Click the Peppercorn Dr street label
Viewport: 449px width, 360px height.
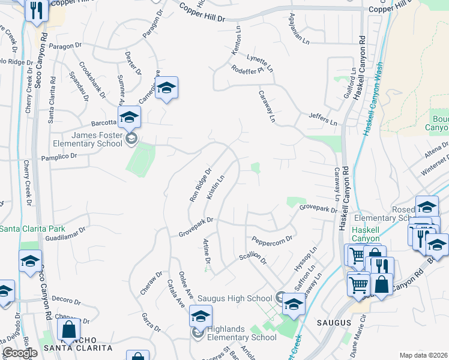click(271, 239)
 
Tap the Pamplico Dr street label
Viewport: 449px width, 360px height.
click(59, 156)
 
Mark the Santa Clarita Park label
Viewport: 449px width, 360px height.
click(32, 229)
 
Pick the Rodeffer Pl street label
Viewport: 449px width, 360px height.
click(247, 71)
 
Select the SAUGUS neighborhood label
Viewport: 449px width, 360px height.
click(334, 323)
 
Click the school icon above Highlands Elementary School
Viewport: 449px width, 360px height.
click(200, 316)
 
